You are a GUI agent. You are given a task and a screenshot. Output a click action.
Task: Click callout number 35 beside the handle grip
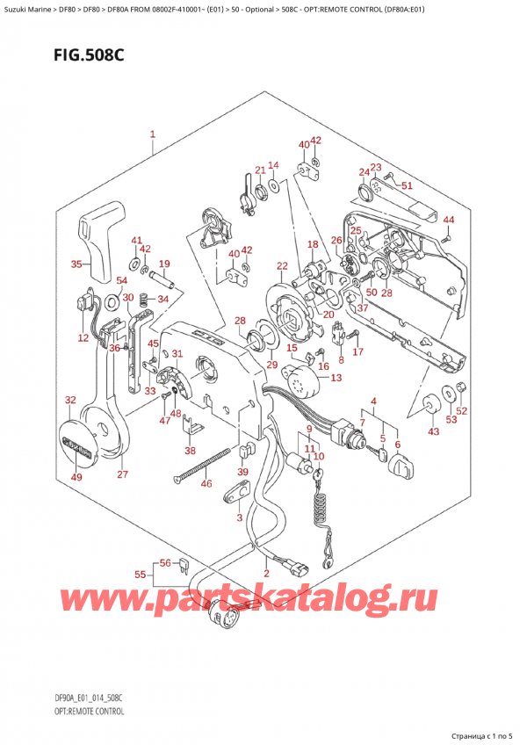(76, 264)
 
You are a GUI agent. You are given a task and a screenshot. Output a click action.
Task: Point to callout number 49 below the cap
(76, 477)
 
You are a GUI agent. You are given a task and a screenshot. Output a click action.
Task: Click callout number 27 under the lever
(123, 474)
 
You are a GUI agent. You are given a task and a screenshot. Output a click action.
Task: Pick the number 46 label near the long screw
(206, 483)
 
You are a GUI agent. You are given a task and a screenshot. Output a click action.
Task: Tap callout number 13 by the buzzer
(336, 378)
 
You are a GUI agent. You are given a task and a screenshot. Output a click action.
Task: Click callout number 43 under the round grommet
(432, 430)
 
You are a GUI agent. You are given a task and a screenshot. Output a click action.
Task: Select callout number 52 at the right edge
(461, 410)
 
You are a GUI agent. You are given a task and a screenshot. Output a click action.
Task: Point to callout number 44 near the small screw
(449, 220)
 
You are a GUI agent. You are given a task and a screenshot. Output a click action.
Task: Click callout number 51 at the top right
(407, 185)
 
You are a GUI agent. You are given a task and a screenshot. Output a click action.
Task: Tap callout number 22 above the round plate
(282, 266)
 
